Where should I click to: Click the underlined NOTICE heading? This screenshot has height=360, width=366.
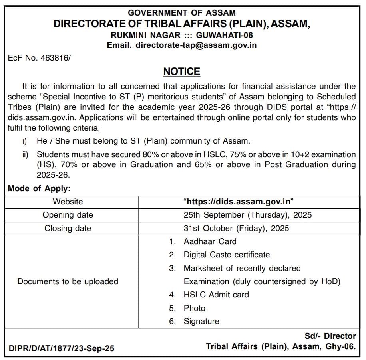tap(182, 71)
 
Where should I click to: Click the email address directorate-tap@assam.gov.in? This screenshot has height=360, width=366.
tap(196, 45)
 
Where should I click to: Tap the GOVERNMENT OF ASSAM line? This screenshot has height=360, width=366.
tap(182, 13)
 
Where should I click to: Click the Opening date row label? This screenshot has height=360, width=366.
tap(68, 215)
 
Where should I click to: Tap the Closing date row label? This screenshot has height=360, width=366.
tap(68, 228)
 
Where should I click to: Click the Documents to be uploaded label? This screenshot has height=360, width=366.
tap(68, 281)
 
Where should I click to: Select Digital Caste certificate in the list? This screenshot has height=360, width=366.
tap(227, 255)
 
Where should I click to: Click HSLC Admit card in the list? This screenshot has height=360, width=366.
tap(216, 295)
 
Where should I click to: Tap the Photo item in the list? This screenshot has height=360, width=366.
tap(195, 308)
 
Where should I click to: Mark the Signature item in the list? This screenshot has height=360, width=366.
tap(201, 321)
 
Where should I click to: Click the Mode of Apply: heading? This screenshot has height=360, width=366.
tap(39, 189)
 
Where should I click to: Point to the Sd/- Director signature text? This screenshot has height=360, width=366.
tap(330, 336)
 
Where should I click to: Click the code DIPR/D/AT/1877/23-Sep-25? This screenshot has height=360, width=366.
tap(61, 348)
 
